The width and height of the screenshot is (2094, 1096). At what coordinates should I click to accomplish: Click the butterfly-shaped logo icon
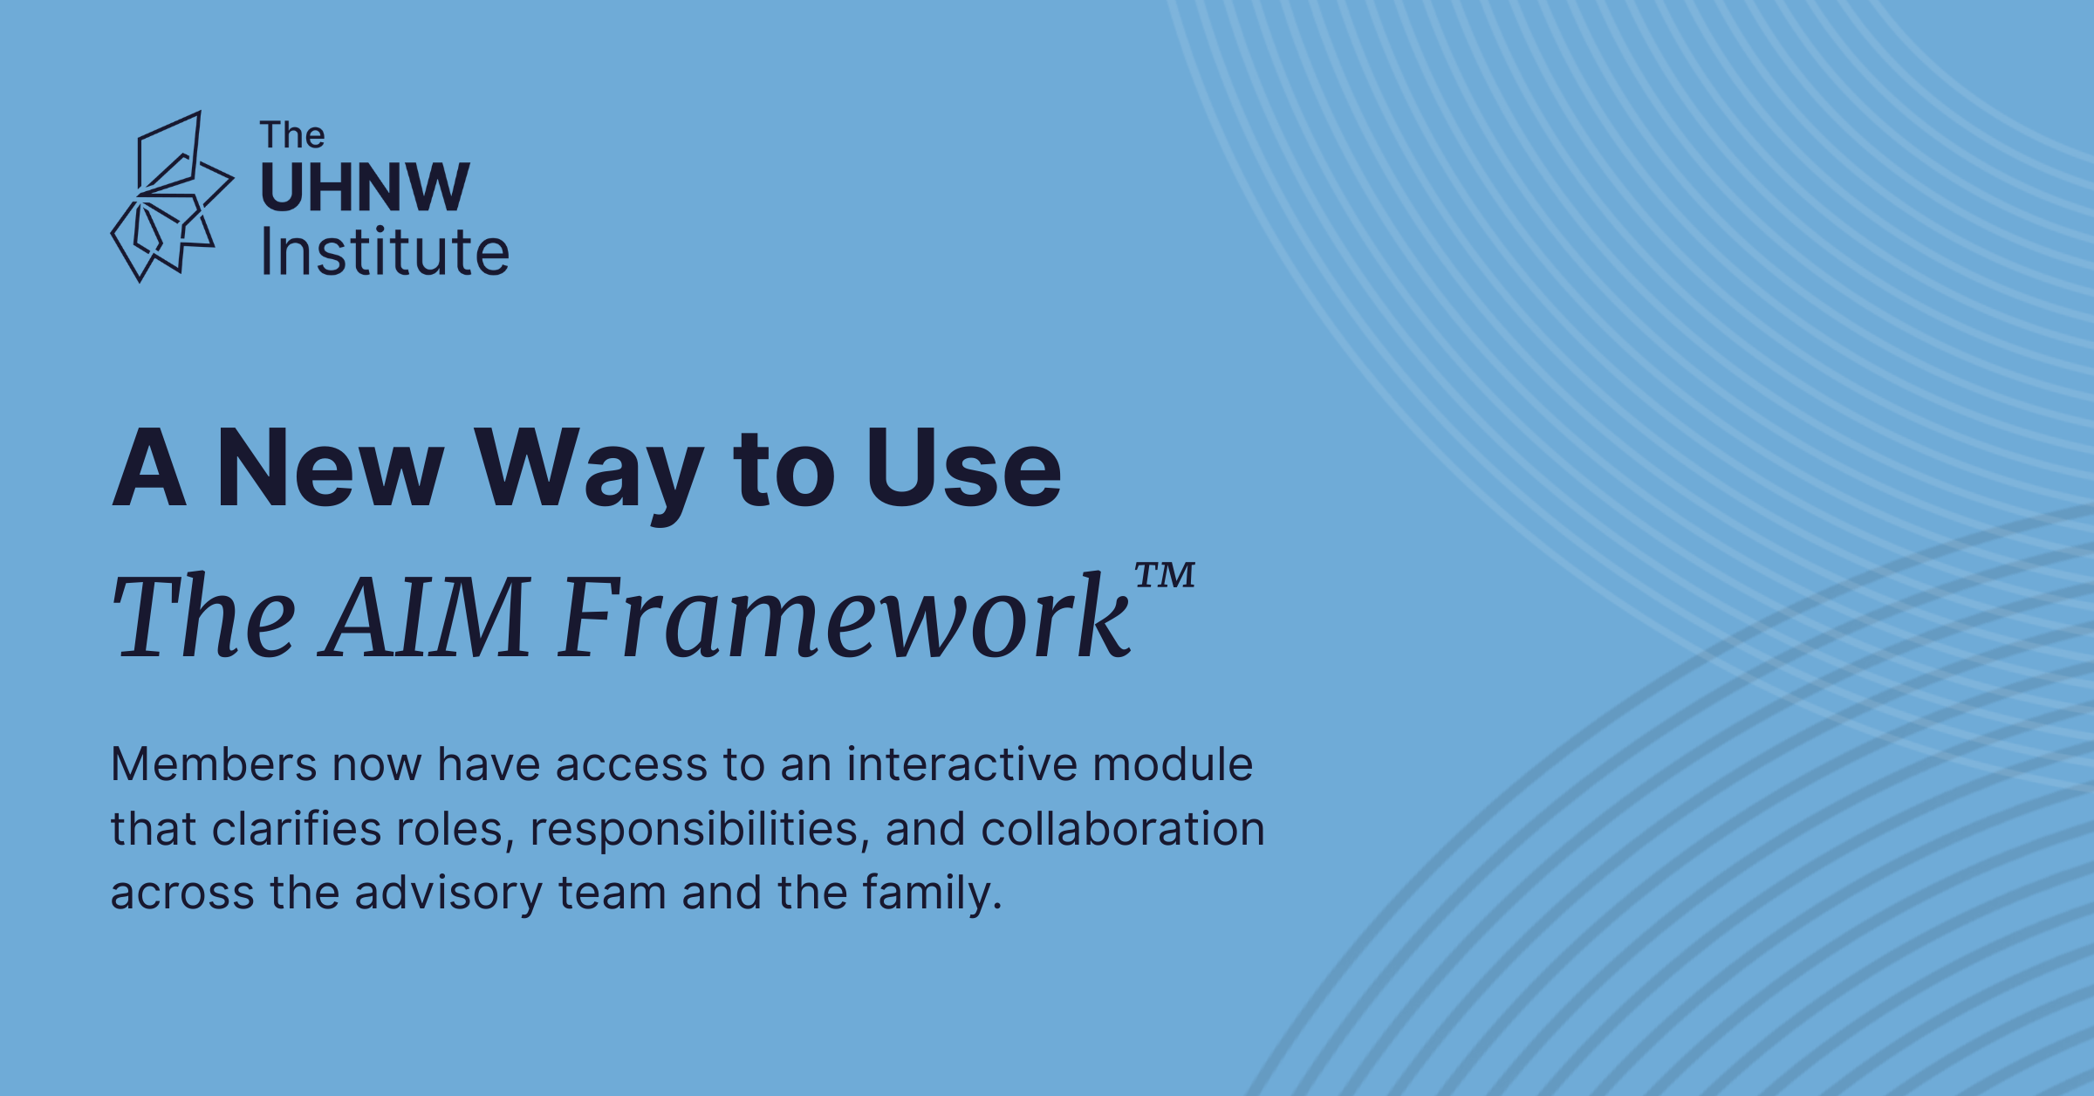click(172, 196)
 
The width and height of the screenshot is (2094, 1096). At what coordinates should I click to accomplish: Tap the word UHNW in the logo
click(366, 188)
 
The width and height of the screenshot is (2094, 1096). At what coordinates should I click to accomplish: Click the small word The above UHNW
click(292, 135)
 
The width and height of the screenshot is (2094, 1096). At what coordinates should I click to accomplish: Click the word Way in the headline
click(588, 476)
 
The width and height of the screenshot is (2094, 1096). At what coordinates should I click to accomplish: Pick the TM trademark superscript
click(1165, 575)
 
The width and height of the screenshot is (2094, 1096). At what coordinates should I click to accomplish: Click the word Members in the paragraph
click(214, 764)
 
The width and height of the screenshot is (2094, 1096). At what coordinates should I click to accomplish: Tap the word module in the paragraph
click(1173, 764)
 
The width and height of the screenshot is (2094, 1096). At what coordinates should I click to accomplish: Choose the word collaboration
click(1123, 828)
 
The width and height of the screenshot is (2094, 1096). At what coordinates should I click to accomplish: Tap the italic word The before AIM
click(204, 616)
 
